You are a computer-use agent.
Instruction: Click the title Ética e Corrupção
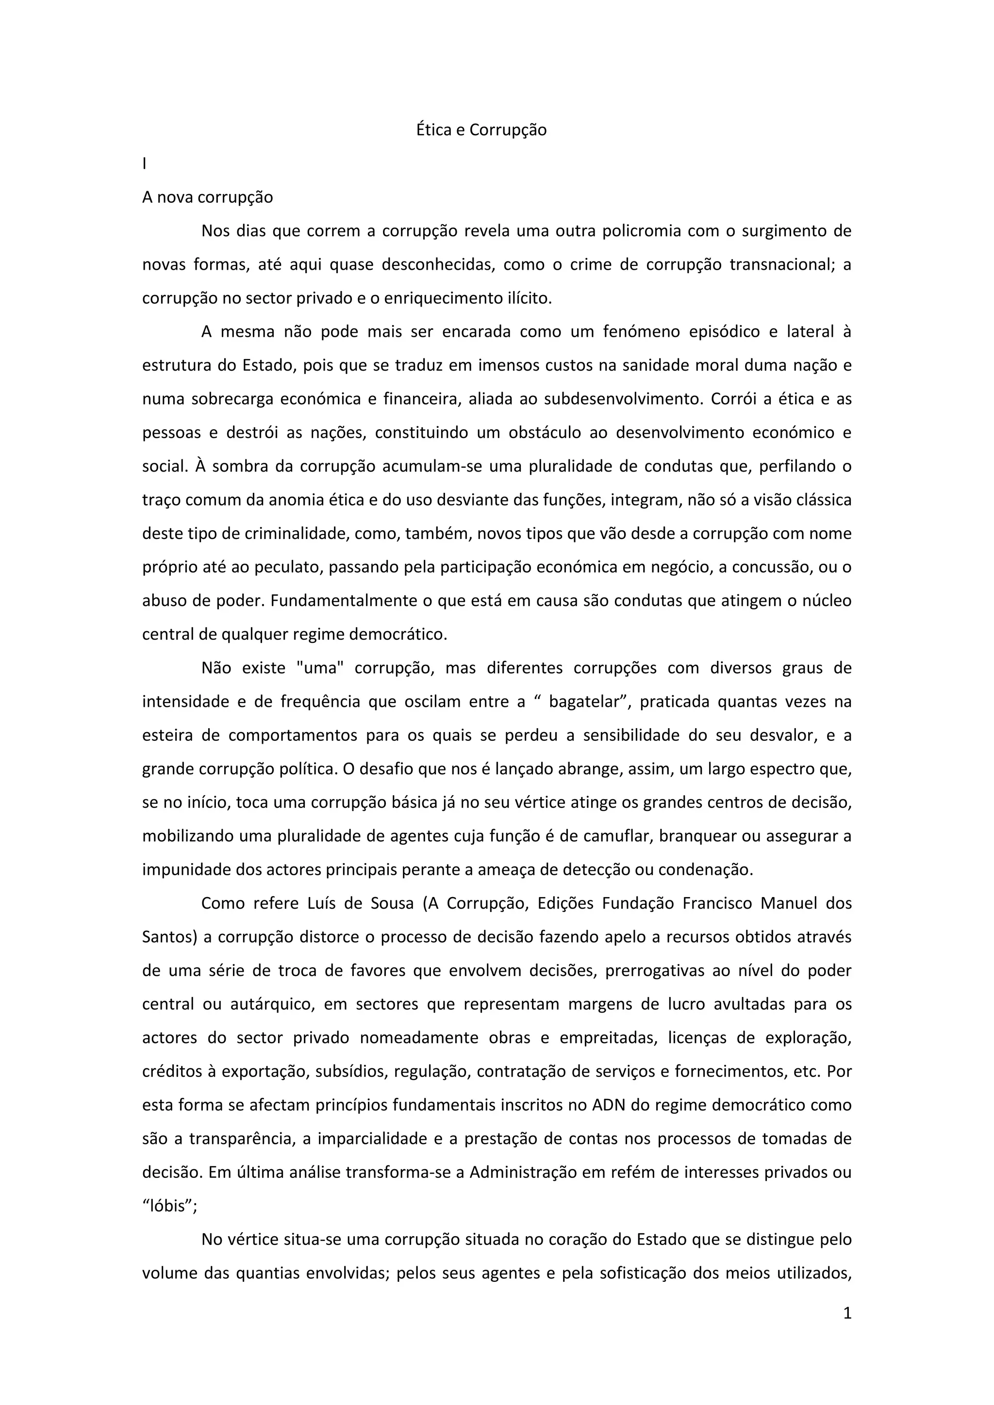(481, 131)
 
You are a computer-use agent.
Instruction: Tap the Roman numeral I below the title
(145, 164)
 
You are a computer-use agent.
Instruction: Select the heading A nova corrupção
(208, 197)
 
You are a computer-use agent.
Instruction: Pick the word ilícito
(530, 299)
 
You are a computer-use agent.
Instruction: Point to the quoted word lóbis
(169, 1206)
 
